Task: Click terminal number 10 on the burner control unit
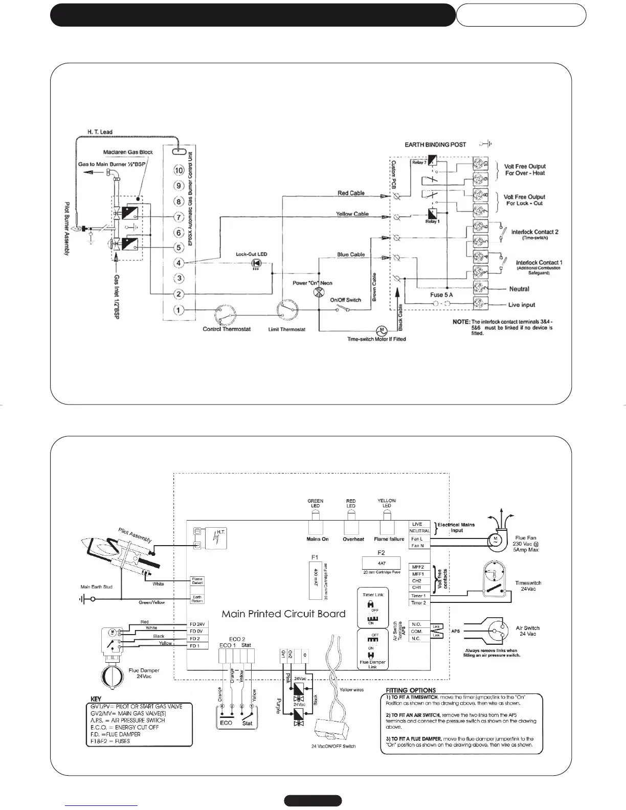[x=178, y=170]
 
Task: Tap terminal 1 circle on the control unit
[x=178, y=310]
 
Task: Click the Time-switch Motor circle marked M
[x=381, y=329]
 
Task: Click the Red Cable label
[x=351, y=193]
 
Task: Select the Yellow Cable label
[x=352, y=214]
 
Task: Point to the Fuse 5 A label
[x=441, y=295]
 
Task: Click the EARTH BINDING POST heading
[x=435, y=145]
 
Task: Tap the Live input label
[x=522, y=305]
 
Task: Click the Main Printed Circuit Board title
[x=283, y=614]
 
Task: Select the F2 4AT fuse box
[x=381, y=563]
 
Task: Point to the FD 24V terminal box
[x=197, y=624]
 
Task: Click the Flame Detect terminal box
[x=197, y=581]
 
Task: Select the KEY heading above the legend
[x=96, y=699]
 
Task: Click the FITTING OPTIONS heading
[x=411, y=690]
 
